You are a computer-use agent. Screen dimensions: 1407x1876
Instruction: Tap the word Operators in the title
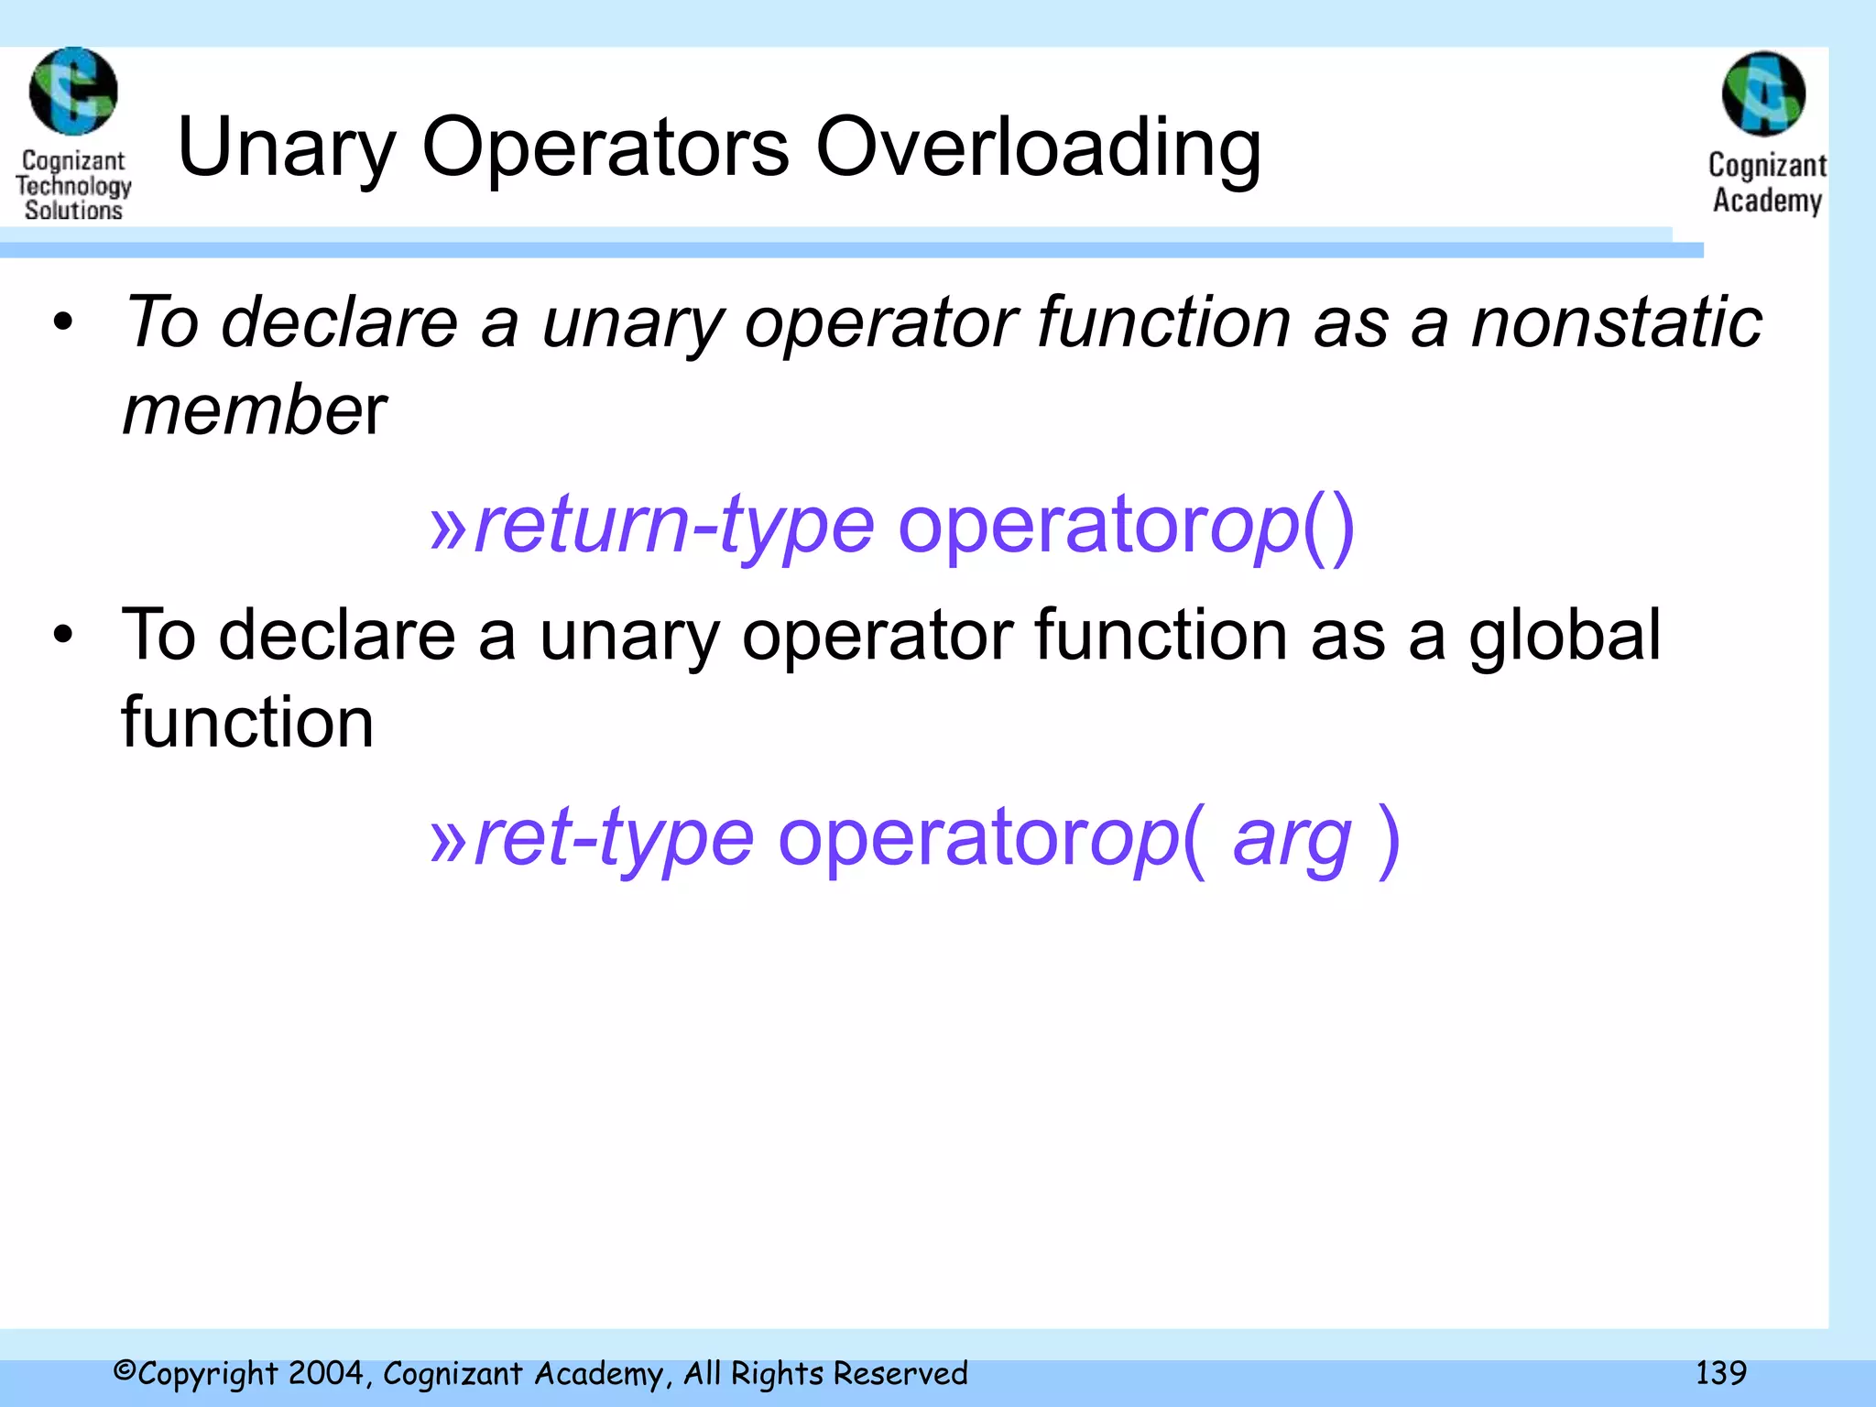click(605, 148)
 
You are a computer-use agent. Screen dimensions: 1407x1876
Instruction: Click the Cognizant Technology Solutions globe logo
click(73, 92)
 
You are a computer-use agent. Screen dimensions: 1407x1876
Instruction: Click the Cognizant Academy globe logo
click(1763, 94)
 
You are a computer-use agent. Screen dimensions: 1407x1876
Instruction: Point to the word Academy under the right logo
click(1767, 200)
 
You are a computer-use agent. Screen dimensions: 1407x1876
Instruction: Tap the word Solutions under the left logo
click(73, 211)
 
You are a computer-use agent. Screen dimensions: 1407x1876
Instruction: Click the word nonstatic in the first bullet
click(1616, 322)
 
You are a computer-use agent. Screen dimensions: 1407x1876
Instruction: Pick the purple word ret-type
click(614, 838)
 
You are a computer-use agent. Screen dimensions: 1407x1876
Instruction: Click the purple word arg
click(1292, 838)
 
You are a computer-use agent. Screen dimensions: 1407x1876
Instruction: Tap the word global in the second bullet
click(1565, 635)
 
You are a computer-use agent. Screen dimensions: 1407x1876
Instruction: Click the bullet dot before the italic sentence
click(62, 322)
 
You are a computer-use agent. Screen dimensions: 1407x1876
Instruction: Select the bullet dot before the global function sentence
click(62, 635)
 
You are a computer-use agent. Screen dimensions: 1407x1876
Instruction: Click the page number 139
click(1720, 1373)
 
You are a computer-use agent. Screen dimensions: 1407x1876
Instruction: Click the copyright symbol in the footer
click(125, 1371)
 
